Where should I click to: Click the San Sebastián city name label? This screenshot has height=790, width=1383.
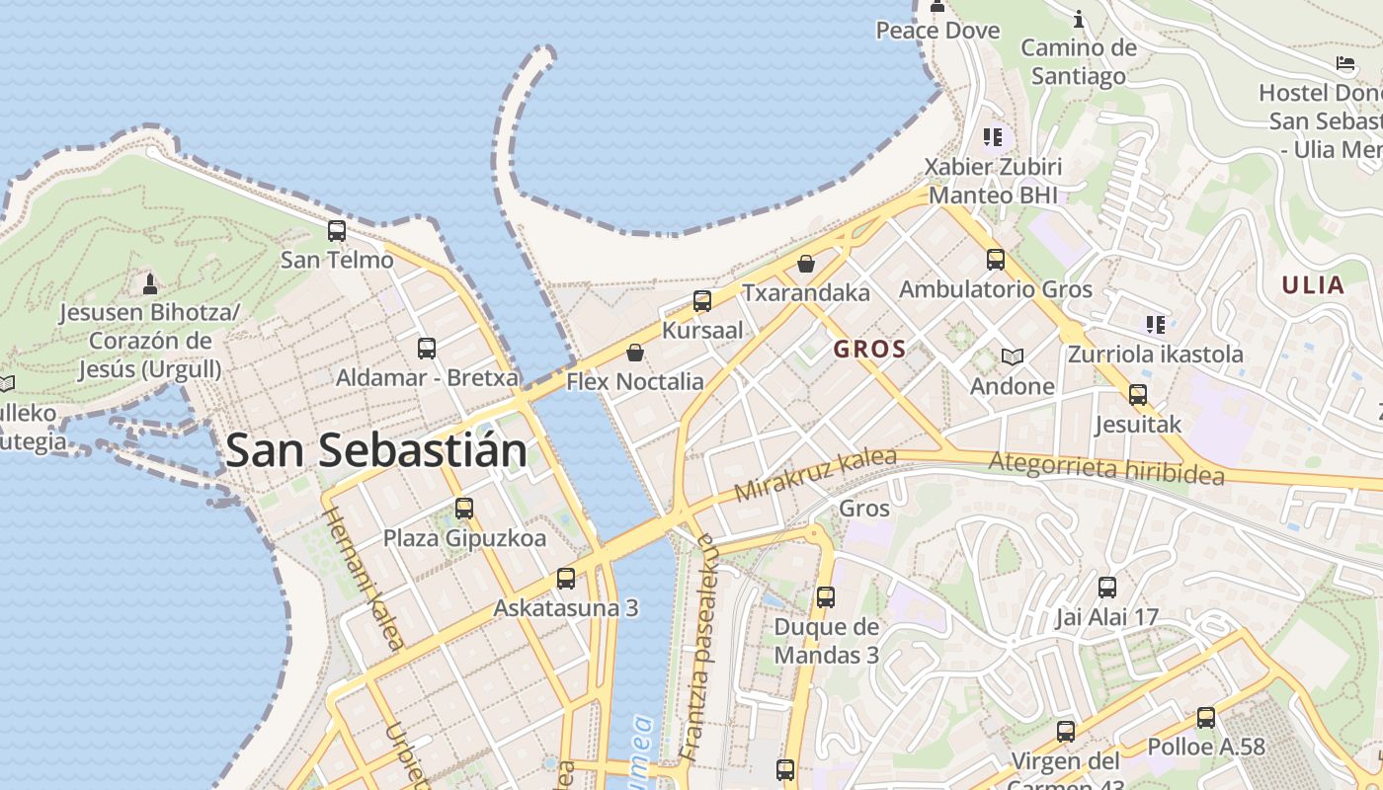pyautogui.click(x=375, y=451)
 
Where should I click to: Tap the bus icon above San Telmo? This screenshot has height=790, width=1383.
pyautogui.click(x=337, y=231)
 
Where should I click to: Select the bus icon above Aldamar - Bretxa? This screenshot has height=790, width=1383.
pyautogui.click(x=427, y=349)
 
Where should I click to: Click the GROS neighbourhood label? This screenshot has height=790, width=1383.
pyautogui.click(x=869, y=349)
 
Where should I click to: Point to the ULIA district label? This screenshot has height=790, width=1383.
pyautogui.click(x=1313, y=286)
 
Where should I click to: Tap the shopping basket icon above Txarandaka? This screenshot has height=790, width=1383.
pyautogui.click(x=806, y=264)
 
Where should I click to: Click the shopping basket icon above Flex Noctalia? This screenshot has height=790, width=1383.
pyautogui.click(x=635, y=353)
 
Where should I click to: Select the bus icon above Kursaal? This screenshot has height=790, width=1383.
pyautogui.click(x=702, y=301)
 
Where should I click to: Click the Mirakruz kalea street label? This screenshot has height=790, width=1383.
pyautogui.click(x=816, y=475)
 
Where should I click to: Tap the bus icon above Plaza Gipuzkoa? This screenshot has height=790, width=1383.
pyautogui.click(x=464, y=510)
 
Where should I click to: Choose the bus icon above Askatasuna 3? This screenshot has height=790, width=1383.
pyautogui.click(x=566, y=579)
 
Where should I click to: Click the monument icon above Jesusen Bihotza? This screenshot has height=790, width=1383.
pyautogui.click(x=150, y=284)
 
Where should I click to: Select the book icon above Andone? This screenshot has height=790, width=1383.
pyautogui.click(x=1012, y=356)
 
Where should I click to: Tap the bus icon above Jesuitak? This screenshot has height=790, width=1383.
pyautogui.click(x=1138, y=395)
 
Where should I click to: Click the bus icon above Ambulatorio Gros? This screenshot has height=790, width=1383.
pyautogui.click(x=996, y=260)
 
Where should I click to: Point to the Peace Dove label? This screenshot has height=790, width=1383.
pyautogui.click(x=937, y=31)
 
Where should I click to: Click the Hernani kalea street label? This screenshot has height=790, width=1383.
pyautogui.click(x=363, y=579)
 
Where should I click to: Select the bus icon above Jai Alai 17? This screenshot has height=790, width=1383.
pyautogui.click(x=1107, y=588)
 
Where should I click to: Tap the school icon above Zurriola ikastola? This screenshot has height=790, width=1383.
pyautogui.click(x=1155, y=324)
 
